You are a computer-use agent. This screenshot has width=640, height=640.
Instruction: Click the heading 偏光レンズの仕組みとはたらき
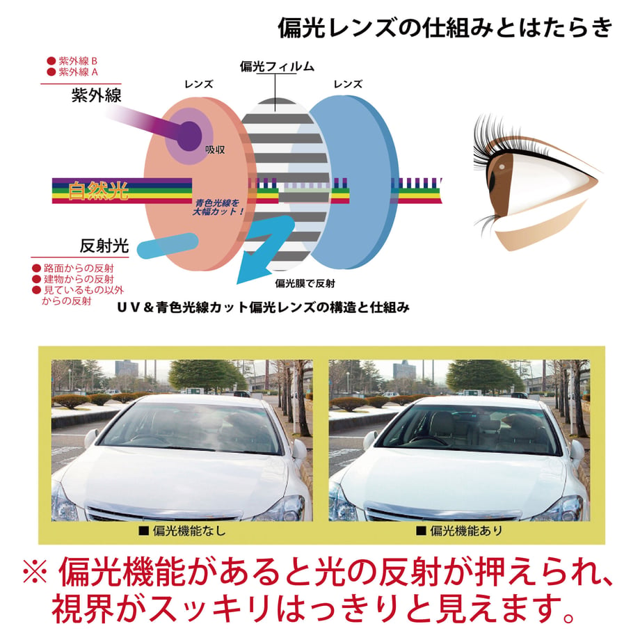coord(445,28)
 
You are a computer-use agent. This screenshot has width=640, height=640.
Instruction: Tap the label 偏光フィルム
coord(277,67)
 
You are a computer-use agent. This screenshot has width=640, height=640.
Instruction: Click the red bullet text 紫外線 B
coord(78,61)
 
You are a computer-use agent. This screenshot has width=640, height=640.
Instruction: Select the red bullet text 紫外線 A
coord(78,72)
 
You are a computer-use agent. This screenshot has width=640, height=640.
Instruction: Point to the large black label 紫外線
coord(96,95)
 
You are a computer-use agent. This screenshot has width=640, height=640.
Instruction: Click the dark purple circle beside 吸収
coord(189,136)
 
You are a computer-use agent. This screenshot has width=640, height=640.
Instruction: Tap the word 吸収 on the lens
coord(215,150)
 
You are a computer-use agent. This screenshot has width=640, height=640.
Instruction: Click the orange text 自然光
coord(98,191)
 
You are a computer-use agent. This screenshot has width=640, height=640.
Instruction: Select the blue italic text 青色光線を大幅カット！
coord(218,207)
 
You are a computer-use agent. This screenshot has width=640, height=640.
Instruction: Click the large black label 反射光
coord(104,246)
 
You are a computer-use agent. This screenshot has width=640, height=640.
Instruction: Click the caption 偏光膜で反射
coord(305,283)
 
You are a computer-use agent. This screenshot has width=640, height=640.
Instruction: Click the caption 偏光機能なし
coord(189,531)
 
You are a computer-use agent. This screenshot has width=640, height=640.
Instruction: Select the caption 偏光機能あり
coord(466,531)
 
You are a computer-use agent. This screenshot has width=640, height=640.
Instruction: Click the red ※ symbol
coord(35,573)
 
